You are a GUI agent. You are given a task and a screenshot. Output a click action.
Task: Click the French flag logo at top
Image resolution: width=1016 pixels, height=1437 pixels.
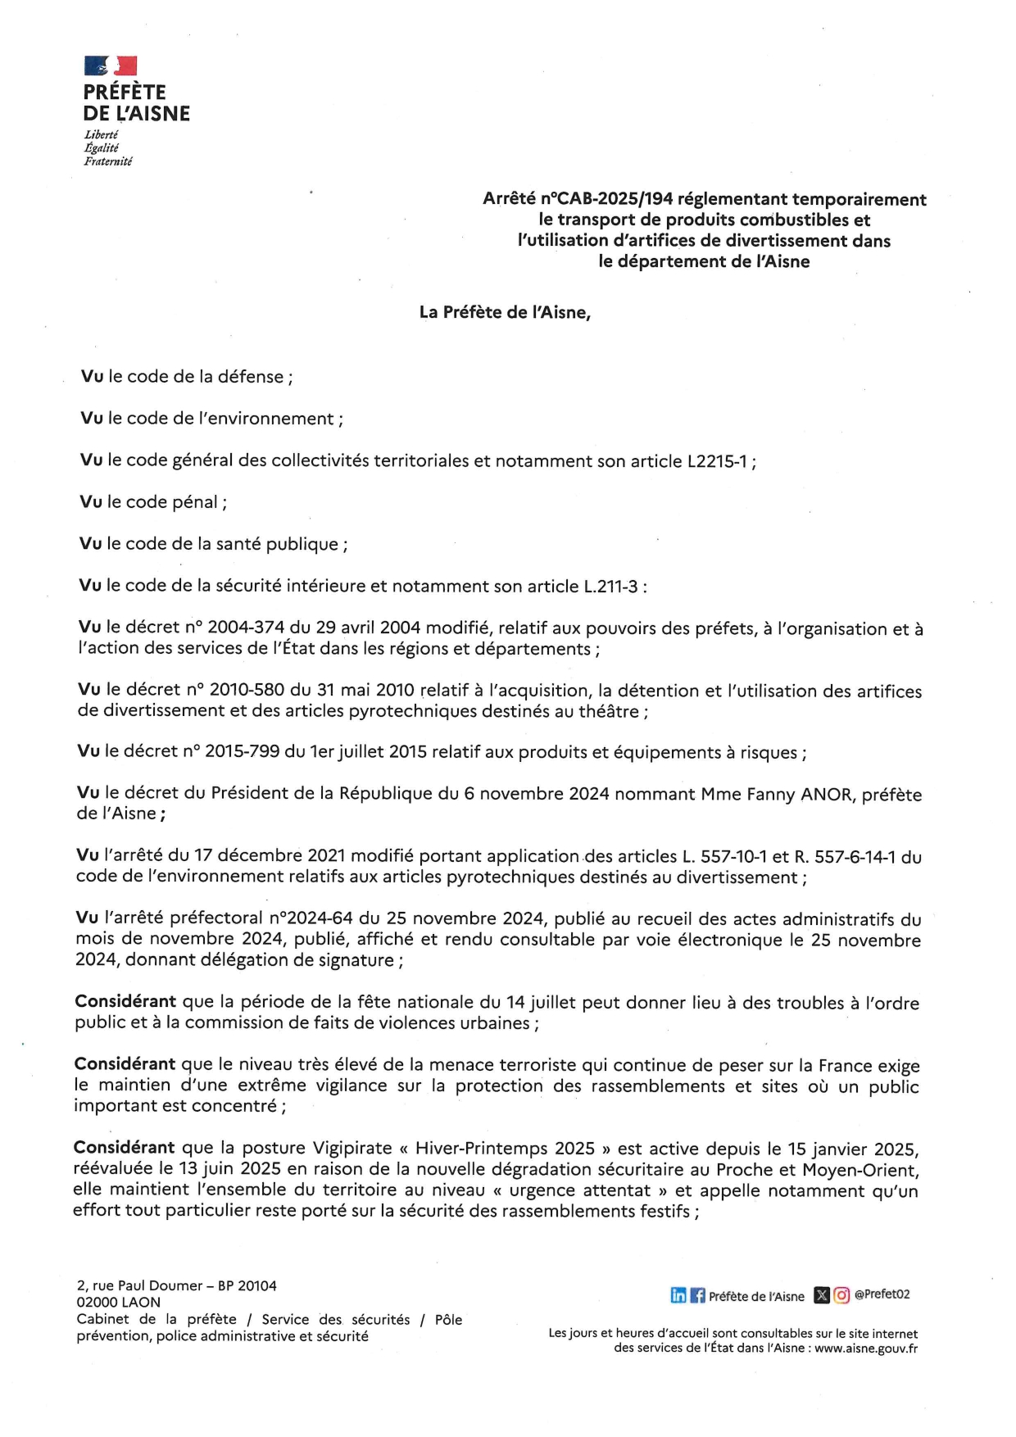[111, 66]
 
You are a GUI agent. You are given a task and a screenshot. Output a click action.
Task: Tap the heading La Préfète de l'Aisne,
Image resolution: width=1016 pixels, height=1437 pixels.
[505, 312]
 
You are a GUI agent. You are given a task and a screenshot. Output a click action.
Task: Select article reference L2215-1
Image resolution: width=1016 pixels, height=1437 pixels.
[717, 461]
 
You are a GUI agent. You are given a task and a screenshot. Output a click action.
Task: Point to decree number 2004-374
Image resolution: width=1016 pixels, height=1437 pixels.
[246, 628]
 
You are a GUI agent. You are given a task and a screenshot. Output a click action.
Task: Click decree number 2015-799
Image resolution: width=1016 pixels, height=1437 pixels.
[243, 751]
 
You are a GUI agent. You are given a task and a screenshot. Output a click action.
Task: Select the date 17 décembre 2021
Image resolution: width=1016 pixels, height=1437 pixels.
[261, 855]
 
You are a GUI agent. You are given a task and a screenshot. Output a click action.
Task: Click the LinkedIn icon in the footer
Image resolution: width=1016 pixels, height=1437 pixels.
[678, 1295]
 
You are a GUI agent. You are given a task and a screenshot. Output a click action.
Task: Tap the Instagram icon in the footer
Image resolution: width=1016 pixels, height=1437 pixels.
[841, 1295]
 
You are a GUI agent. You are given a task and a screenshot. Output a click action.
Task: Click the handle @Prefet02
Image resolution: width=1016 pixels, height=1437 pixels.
[882, 1294]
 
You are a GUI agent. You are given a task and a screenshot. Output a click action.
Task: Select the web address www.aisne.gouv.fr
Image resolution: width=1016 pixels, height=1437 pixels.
[866, 1348]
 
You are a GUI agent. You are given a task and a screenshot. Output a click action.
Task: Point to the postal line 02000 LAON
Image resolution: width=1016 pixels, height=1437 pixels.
[118, 1302]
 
